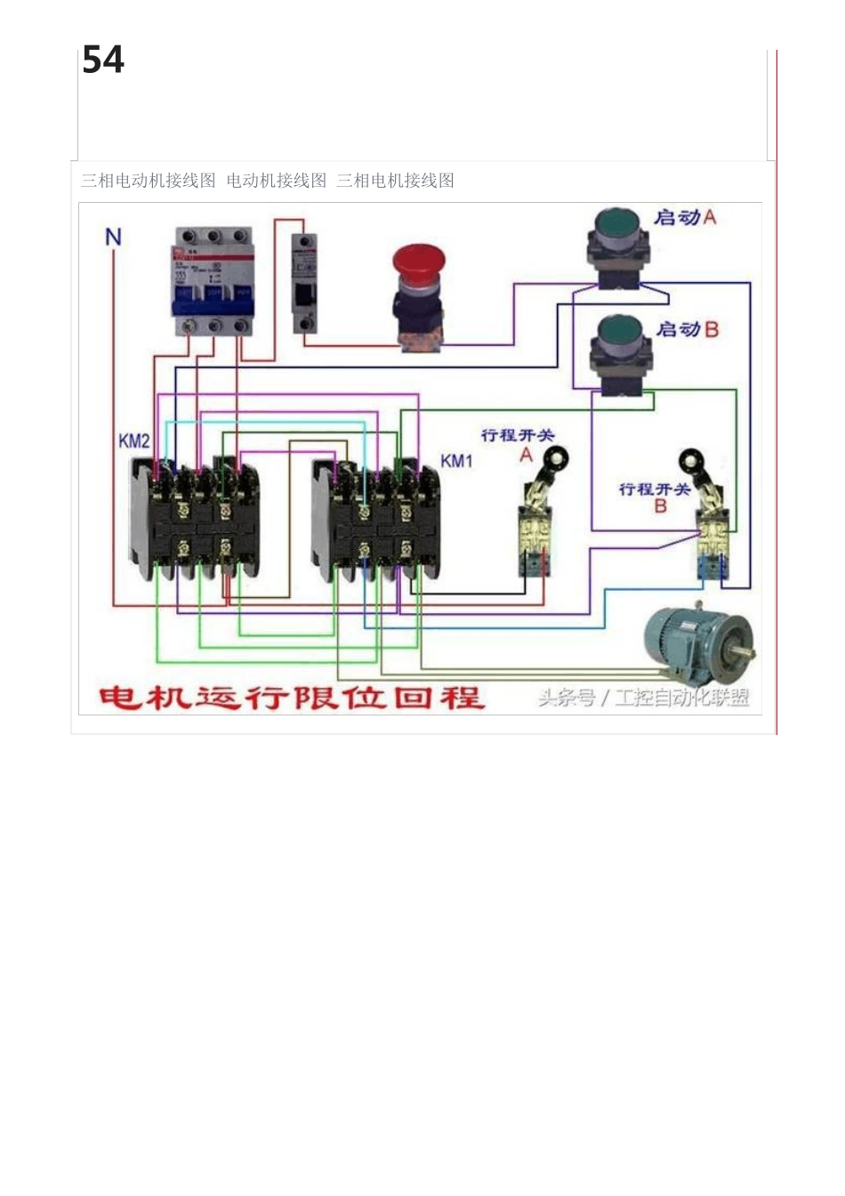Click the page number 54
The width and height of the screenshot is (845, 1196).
pos(103,61)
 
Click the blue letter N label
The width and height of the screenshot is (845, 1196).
pos(113,238)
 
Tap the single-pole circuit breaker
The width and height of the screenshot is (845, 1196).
pos(304,282)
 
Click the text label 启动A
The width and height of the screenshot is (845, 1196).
pos(685,217)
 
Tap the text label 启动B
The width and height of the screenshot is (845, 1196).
pos(687,329)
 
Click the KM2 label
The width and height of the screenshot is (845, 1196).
pos(134,441)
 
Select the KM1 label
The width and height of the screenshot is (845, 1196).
pos(457,461)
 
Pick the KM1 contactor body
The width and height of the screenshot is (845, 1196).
pos(376,521)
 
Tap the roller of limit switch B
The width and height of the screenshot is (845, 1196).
pos(690,461)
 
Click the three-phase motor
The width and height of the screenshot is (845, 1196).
pos(698,644)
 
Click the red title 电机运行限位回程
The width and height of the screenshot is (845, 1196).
pos(291,697)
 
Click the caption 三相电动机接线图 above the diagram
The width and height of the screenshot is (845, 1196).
pos(149,181)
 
